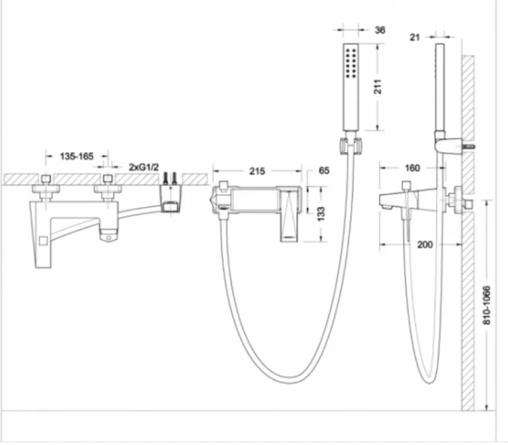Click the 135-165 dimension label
[x=76, y=156]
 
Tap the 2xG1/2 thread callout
[x=144, y=167]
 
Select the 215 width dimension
[x=257, y=171]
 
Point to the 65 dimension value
[x=324, y=171]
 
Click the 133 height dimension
[x=321, y=214]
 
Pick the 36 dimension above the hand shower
[x=380, y=30]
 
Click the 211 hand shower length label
[x=378, y=86]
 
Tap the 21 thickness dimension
[x=415, y=37]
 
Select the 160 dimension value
[x=412, y=168]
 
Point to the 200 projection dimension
[x=425, y=244]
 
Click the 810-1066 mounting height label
[x=487, y=305]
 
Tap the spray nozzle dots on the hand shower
[x=351, y=63]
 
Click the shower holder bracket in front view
[x=350, y=145]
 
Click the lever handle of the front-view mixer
[x=290, y=216]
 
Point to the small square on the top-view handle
[x=43, y=240]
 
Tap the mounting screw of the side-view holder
[x=468, y=147]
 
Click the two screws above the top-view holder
[x=170, y=178]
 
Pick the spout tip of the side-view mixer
[x=384, y=206]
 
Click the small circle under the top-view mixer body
[x=109, y=238]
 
